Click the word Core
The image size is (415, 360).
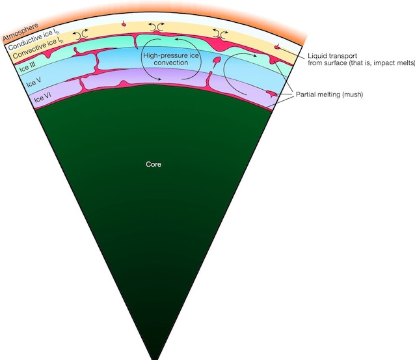pos(153,165)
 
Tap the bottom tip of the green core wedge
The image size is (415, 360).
pos(155,357)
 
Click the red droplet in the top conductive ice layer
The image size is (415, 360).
pos(124,24)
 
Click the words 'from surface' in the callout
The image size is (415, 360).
pos(326,65)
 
